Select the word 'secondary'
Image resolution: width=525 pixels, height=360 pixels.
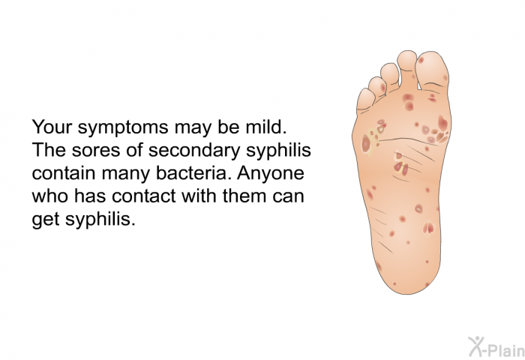(x=194, y=151)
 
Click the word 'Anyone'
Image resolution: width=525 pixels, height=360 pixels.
(x=271, y=174)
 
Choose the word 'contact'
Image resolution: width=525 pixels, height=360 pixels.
(x=145, y=196)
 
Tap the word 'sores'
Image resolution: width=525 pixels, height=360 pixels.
(x=95, y=151)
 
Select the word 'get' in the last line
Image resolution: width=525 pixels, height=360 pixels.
(x=46, y=220)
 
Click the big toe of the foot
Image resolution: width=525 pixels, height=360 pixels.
(x=431, y=71)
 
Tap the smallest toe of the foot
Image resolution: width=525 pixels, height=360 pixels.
(x=365, y=100)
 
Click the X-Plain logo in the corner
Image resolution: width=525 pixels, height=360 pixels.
(x=496, y=347)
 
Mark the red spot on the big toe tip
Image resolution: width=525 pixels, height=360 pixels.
(x=421, y=60)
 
